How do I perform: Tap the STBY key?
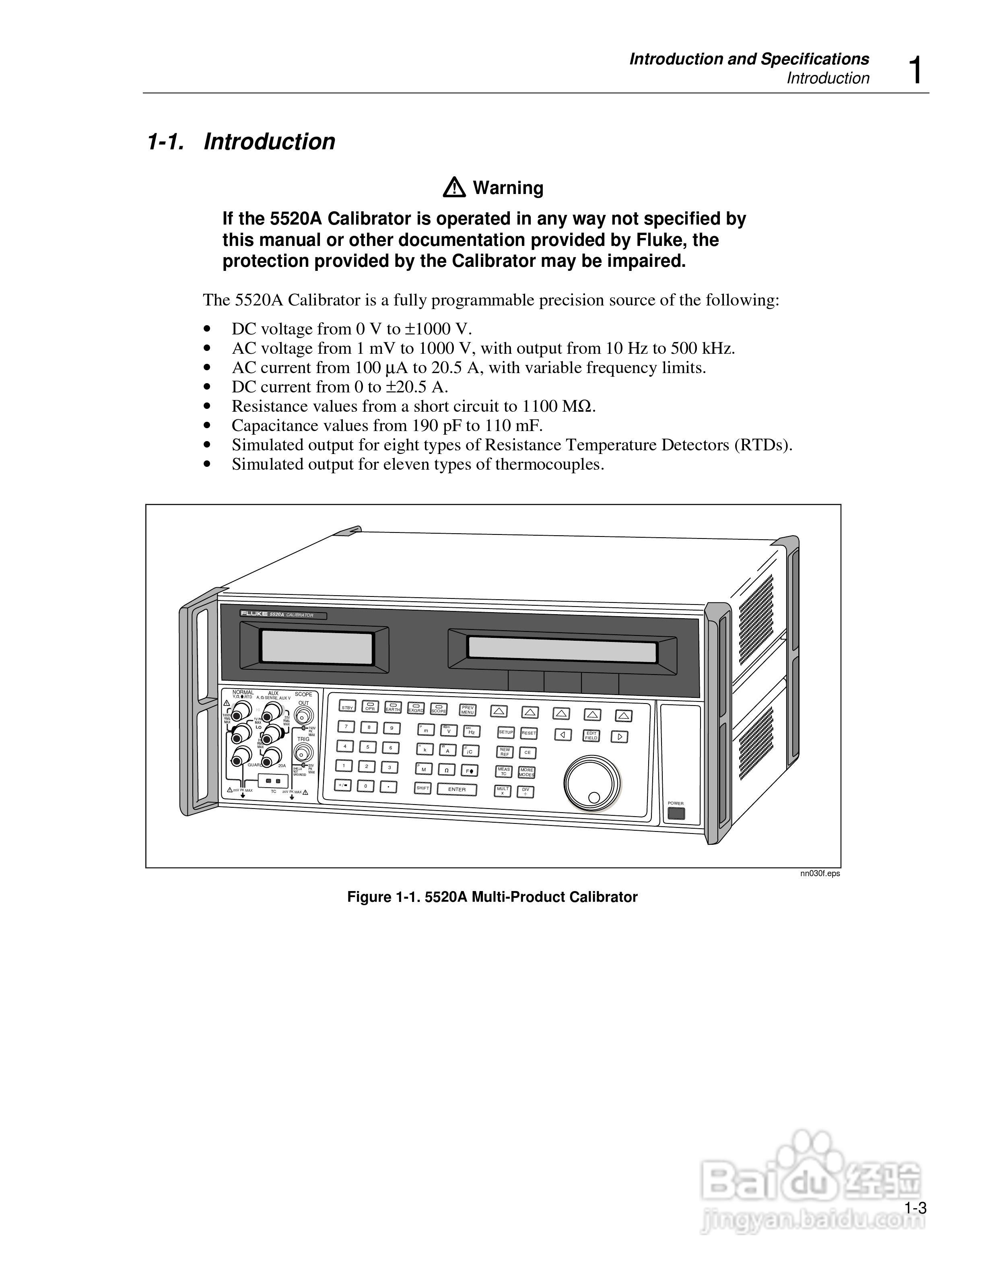tap(347, 707)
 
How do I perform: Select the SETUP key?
tap(505, 732)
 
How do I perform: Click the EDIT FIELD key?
tap(591, 736)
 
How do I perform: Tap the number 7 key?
tap(346, 727)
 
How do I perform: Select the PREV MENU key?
tap(468, 710)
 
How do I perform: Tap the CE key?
tap(527, 753)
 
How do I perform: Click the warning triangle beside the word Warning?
tap(454, 188)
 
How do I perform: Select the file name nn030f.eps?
tap(820, 873)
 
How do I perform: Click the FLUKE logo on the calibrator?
tap(254, 614)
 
